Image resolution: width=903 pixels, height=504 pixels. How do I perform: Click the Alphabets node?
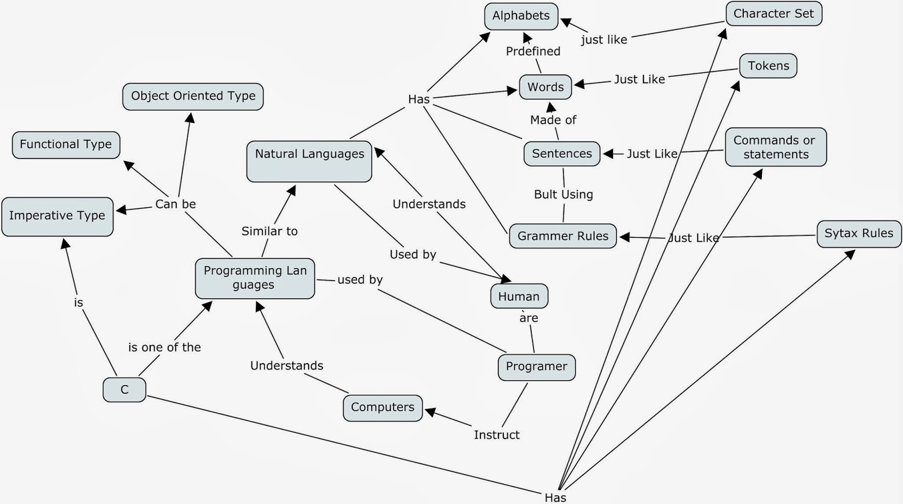tap(521, 16)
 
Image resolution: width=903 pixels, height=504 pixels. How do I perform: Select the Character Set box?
tap(773, 14)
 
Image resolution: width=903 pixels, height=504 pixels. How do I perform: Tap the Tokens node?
tap(768, 66)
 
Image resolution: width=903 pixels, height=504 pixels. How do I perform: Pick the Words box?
tap(545, 87)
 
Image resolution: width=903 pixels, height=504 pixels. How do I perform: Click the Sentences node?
tap(562, 154)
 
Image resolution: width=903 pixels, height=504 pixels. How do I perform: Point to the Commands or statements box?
tap(775, 147)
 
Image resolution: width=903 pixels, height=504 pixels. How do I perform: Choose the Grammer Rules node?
tap(563, 236)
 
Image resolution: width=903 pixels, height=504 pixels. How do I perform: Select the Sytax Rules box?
tap(858, 233)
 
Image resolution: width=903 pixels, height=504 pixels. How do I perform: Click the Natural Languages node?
tap(309, 161)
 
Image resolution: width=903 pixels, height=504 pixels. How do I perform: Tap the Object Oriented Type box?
tap(193, 96)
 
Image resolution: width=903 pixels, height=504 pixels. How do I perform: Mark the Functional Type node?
tap(66, 145)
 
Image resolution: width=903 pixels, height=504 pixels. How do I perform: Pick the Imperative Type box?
tap(57, 216)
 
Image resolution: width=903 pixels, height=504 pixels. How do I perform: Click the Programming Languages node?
tap(255, 278)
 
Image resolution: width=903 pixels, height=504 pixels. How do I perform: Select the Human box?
tap(519, 297)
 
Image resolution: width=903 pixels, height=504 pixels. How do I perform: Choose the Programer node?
tap(536, 366)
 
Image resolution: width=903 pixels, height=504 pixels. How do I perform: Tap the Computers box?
tap(382, 408)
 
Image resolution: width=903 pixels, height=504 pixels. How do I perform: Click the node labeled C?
tap(124, 390)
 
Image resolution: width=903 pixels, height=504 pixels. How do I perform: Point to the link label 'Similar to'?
tap(269, 231)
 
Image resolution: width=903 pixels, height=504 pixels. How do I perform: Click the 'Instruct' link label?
tap(497, 435)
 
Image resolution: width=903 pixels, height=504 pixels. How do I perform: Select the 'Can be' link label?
tap(176, 204)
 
